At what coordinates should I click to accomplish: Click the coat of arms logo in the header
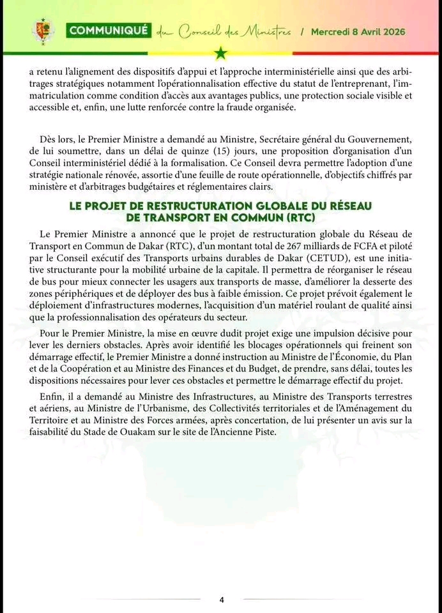tap(43, 31)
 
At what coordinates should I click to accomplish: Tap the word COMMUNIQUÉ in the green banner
tap(109, 30)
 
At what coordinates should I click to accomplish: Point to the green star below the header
tap(221, 52)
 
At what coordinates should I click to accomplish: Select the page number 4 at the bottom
tap(222, 600)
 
